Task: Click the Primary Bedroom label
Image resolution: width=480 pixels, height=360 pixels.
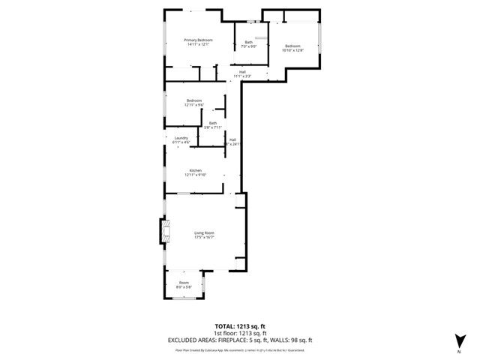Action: tap(199, 40)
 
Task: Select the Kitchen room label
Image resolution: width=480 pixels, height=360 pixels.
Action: tap(196, 170)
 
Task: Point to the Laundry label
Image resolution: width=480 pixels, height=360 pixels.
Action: tap(181, 137)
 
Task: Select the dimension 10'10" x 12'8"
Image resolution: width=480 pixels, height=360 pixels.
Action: tap(292, 50)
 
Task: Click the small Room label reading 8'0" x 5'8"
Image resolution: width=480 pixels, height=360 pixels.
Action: tap(184, 286)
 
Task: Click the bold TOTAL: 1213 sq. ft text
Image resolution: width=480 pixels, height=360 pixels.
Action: tap(241, 326)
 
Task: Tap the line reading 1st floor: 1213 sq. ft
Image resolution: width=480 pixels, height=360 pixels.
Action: tap(241, 333)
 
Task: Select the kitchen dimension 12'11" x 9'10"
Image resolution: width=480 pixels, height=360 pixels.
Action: tap(196, 175)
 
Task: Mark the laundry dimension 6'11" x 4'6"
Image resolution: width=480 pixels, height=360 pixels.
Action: tap(181, 142)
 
